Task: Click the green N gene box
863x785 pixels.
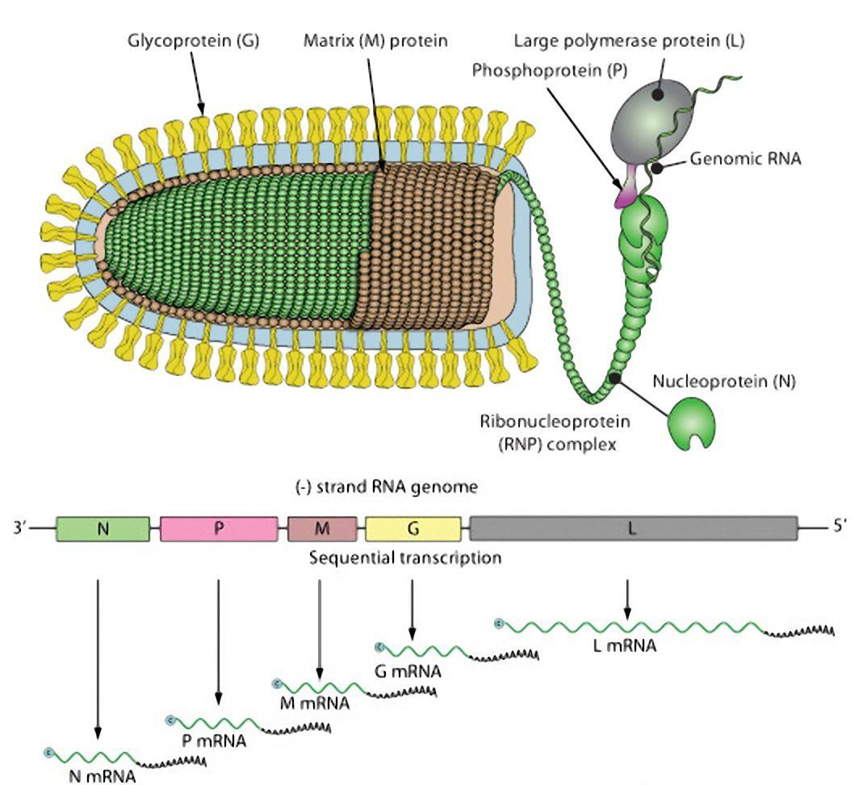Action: point(103,529)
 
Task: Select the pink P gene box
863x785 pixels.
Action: point(219,529)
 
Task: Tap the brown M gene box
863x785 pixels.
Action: point(322,529)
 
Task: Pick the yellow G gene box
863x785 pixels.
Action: point(413,529)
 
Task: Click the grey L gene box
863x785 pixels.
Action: point(633,529)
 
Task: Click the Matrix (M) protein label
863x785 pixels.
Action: point(375,40)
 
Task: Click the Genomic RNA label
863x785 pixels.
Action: point(745,160)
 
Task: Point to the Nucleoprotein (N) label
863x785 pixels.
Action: point(736,382)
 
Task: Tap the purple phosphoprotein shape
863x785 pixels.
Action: point(625,194)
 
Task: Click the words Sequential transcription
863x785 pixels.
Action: point(406,557)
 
